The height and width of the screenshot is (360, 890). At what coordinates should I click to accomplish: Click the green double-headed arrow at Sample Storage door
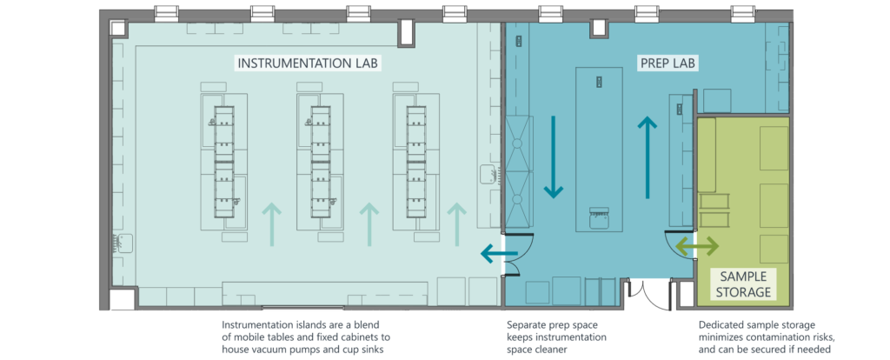[698, 247]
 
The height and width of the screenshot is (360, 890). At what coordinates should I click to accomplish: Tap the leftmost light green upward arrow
[273, 223]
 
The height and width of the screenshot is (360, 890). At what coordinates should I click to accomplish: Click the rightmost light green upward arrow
[455, 223]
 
